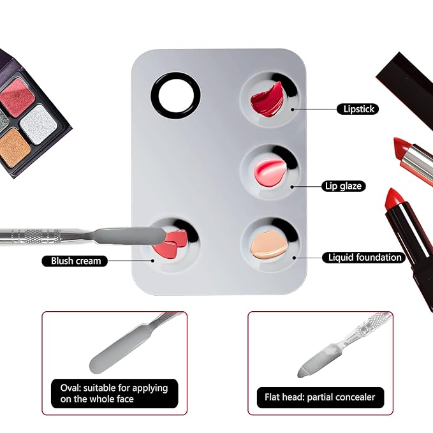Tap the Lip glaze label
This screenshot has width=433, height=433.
[343, 186]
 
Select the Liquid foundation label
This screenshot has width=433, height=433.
[365, 258]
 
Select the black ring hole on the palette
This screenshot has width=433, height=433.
[175, 96]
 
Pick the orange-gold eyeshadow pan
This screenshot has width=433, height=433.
[14, 146]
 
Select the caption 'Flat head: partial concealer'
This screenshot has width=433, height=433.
[320, 397]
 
